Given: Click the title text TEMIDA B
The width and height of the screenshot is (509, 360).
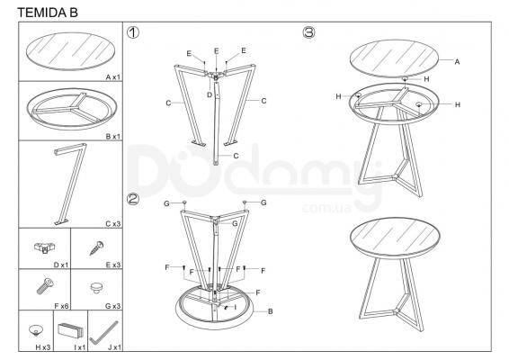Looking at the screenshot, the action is [48, 13].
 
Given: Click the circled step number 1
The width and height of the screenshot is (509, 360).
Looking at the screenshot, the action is [133, 32].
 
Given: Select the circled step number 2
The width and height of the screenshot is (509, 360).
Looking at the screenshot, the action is [133, 199].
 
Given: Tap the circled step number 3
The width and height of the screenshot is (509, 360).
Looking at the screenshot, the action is [308, 32].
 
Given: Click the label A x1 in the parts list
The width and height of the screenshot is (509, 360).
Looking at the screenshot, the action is [113, 77].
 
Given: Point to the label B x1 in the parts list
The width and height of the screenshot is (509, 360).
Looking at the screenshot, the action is [113, 137].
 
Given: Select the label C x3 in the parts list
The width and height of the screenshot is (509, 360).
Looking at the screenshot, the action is [113, 224].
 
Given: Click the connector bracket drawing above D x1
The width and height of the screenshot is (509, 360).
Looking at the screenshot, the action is [45, 247].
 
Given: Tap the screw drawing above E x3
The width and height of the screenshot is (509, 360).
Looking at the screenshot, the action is [96, 247].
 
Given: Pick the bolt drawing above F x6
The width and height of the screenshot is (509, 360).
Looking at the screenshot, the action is [45, 286].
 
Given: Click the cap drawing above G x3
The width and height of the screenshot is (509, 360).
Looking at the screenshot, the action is [96, 287].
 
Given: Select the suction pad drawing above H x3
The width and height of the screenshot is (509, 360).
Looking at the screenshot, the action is [35, 330].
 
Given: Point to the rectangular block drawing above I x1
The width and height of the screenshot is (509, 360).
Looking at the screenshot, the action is [70, 331].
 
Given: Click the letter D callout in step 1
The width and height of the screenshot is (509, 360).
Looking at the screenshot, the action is [210, 94].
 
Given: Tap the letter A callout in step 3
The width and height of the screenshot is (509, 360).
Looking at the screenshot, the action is [457, 62].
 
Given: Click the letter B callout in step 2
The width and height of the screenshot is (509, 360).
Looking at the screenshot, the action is [270, 311].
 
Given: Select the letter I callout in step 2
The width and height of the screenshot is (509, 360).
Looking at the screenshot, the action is [235, 307].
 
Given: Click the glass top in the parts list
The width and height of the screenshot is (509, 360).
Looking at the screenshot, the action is [70, 51].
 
